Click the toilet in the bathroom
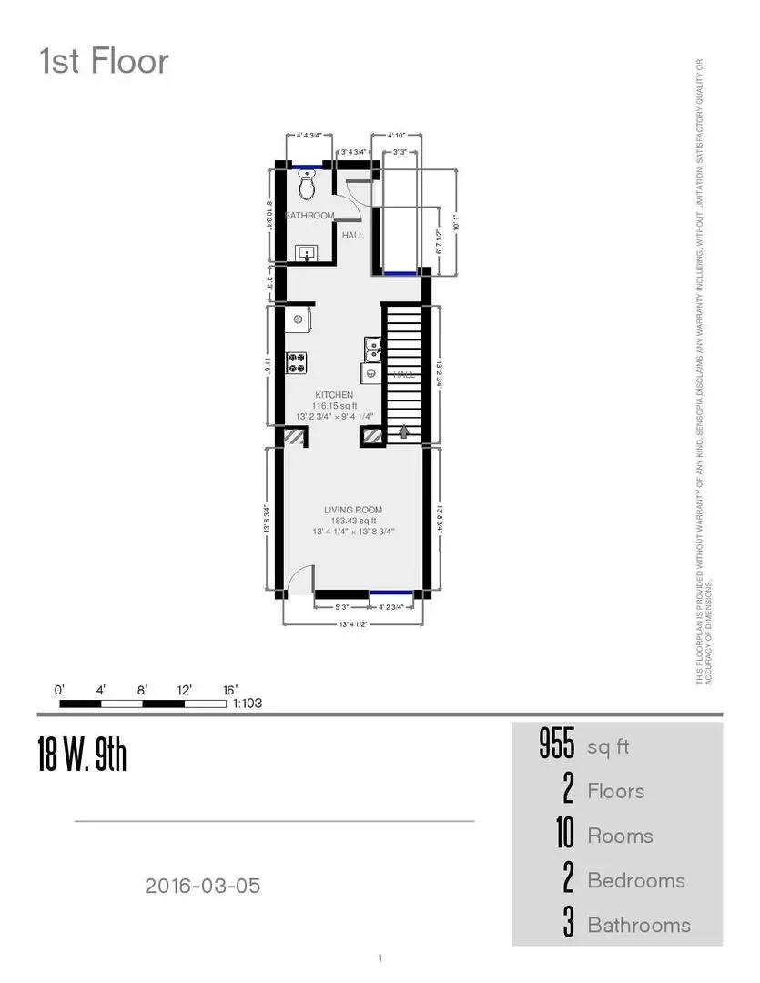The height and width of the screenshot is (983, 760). click(308, 186)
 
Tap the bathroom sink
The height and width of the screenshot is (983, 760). click(308, 252)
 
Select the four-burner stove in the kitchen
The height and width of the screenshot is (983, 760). click(298, 362)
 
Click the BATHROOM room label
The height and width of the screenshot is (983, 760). click(309, 216)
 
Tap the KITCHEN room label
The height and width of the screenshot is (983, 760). click(334, 395)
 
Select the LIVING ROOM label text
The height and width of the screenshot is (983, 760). click(353, 510)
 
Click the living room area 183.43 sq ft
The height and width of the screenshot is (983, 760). click(353, 521)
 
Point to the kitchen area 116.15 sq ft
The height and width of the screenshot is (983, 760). click(333, 406)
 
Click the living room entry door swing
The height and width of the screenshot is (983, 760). click(298, 580)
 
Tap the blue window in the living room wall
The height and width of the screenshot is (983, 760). click(391, 593)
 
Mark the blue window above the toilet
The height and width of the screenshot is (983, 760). click(309, 167)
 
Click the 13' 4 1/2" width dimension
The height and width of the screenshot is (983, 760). click(353, 625)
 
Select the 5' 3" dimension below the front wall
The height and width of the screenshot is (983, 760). click(342, 606)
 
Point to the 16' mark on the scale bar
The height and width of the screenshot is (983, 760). click(230, 690)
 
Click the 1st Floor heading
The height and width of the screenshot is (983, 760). click(104, 62)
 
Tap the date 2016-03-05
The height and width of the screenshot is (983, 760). click(202, 885)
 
